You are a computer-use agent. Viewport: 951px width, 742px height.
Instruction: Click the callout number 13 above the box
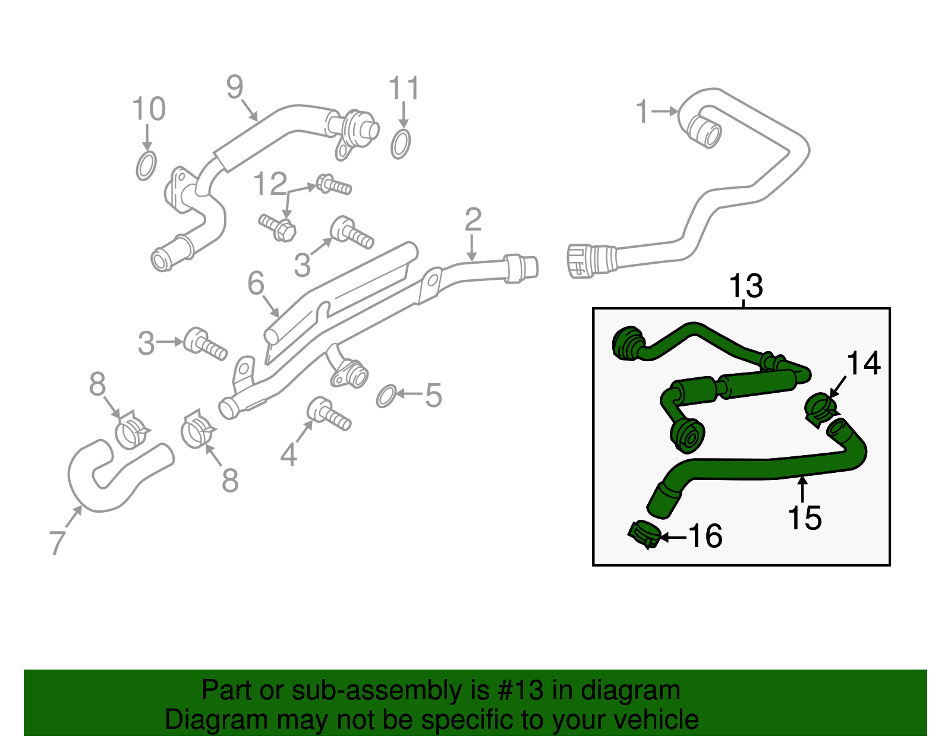pyautogui.click(x=745, y=286)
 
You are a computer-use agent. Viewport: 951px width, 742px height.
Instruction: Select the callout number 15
pyautogui.click(x=804, y=517)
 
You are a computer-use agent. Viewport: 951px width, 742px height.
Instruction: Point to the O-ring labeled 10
pyautogui.click(x=146, y=165)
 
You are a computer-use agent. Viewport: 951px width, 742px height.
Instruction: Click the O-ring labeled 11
pyautogui.click(x=401, y=144)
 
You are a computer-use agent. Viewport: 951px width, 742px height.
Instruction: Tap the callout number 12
pyautogui.click(x=270, y=184)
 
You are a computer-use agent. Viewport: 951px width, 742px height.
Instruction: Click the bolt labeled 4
pyautogui.click(x=329, y=413)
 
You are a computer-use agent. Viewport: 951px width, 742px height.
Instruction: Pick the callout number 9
pyautogui.click(x=235, y=88)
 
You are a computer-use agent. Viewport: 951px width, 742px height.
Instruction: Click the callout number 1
pyautogui.click(x=642, y=112)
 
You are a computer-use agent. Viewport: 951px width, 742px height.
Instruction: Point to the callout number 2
pyautogui.click(x=473, y=220)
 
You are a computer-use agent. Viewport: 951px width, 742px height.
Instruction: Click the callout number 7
pyautogui.click(x=57, y=542)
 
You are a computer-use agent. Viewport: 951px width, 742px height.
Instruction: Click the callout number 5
pyautogui.click(x=433, y=396)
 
